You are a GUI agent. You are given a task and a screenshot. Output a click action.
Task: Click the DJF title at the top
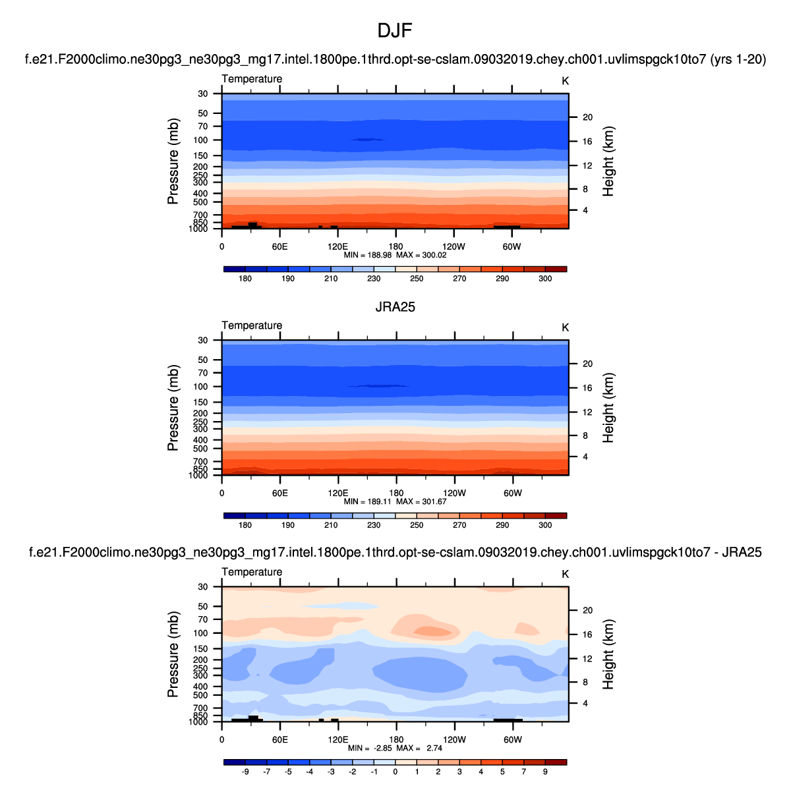395,31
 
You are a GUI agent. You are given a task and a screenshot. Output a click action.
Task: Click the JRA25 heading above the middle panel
395,307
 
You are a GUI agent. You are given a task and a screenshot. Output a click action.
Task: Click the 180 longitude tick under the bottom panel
395,740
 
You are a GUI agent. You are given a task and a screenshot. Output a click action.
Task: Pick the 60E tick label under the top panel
279,247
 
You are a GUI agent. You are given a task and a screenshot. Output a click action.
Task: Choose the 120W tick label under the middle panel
454,494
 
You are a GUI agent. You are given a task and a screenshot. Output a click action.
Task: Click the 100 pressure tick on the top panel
201,140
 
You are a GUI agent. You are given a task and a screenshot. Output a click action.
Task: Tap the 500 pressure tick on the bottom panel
201,695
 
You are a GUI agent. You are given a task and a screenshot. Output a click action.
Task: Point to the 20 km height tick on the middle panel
588,364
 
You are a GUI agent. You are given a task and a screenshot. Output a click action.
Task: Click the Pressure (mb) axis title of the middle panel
173,408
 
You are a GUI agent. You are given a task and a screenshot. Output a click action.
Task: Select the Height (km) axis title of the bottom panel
608,654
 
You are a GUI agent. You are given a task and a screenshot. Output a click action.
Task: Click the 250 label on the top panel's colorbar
417,279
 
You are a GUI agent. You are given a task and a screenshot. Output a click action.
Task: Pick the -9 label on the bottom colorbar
245,772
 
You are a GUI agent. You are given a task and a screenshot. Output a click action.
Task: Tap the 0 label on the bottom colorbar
395,772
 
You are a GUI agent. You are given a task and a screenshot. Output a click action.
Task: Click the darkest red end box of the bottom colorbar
556,762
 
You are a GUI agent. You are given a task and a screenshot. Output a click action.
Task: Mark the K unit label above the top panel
565,81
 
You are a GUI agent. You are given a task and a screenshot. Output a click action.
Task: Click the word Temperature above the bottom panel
252,572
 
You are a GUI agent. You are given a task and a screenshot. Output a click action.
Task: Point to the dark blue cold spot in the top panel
366,140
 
